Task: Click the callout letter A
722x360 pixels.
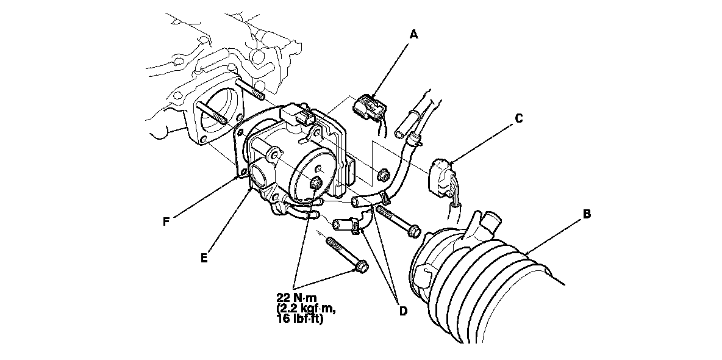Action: tap(414, 35)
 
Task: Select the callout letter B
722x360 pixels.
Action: tap(586, 214)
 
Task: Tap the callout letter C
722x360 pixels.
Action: tap(518, 118)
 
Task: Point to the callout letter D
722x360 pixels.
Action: tap(402, 311)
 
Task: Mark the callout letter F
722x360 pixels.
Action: tap(166, 221)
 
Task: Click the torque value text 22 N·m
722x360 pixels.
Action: tap(297, 298)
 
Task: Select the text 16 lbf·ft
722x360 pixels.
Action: tap(299, 319)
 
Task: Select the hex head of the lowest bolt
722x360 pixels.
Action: tap(361, 267)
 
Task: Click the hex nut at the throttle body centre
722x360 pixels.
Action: tap(316, 184)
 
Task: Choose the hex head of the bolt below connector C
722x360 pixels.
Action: tap(414, 232)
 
